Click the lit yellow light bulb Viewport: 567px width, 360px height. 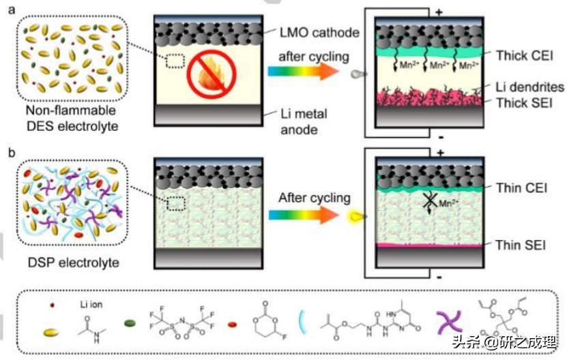coord(355,215)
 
